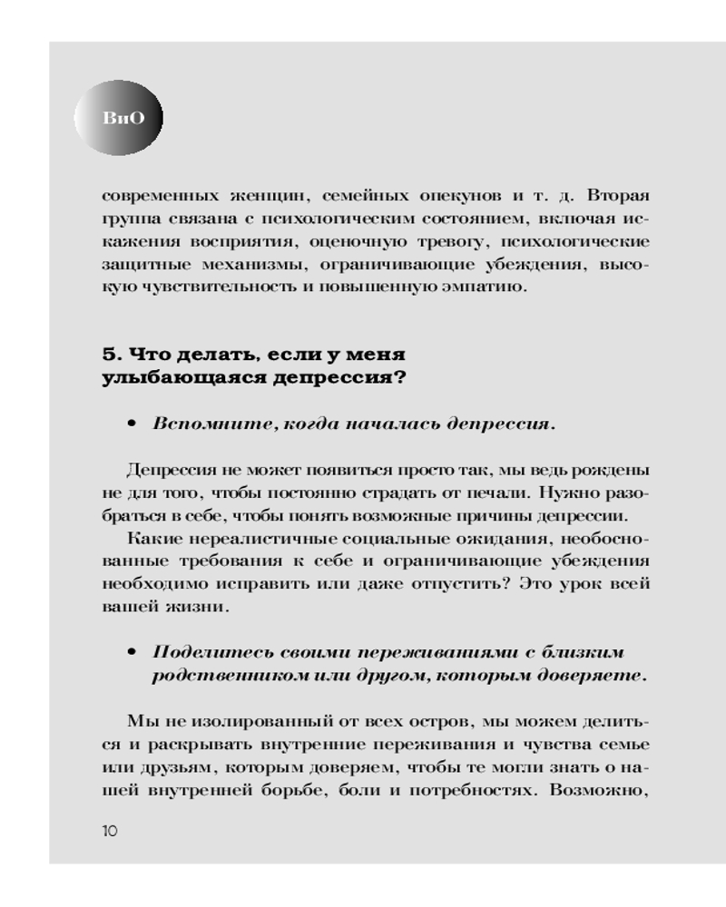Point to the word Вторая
(x=617, y=197)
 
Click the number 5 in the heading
(x=109, y=354)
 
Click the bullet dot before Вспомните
(x=132, y=424)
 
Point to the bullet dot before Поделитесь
(x=132, y=653)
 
